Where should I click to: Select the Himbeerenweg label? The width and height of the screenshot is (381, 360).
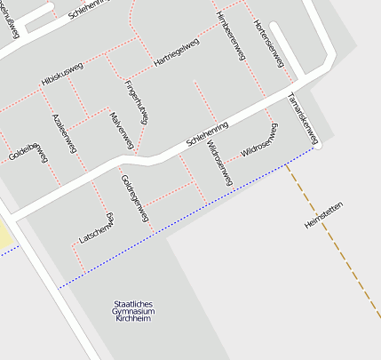pyautogui.click(x=230, y=36)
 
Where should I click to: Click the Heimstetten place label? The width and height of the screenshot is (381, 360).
pyautogui.click(x=322, y=215)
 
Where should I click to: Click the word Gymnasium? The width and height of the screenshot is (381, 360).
pyautogui.click(x=134, y=312)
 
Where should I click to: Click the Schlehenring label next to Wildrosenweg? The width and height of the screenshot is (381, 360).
pyautogui.click(x=207, y=134)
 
